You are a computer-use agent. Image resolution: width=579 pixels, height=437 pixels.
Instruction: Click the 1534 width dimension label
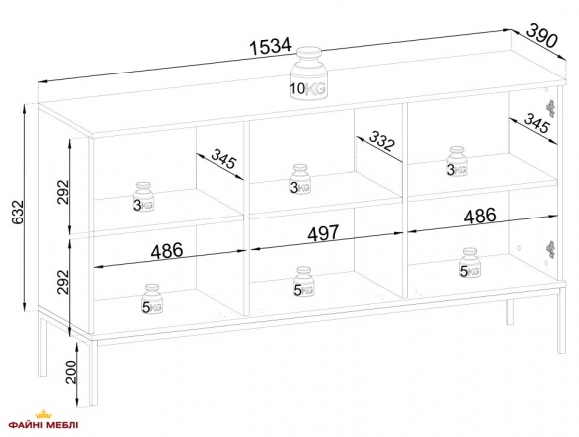point(271,46)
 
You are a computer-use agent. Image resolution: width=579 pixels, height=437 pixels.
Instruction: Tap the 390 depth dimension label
point(541,36)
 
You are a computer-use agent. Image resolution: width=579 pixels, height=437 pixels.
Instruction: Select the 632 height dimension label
point(17,213)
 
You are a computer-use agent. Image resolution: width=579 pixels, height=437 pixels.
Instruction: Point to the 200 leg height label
point(72,372)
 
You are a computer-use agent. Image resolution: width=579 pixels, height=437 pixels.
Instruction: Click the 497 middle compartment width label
point(323,233)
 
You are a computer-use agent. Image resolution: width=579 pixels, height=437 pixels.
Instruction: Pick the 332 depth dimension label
point(382,141)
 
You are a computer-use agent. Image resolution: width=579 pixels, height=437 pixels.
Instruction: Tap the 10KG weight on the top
point(308,73)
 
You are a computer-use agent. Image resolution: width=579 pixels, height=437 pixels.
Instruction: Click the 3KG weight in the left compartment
point(143,197)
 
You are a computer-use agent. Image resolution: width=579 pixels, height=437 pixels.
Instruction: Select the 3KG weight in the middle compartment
point(300,179)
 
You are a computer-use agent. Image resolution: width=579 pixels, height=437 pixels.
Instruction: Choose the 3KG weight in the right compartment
point(457,161)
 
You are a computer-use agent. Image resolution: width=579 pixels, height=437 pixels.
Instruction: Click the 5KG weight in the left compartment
point(152,299)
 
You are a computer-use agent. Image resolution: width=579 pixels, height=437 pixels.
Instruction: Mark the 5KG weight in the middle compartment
point(304,281)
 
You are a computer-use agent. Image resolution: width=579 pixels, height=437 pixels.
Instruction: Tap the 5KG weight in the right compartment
point(470,263)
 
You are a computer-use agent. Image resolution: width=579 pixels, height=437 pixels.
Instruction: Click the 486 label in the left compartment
point(167,251)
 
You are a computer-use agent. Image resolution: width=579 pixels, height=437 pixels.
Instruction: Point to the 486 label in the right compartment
point(480,216)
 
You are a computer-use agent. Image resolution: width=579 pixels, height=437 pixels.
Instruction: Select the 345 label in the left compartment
point(223,157)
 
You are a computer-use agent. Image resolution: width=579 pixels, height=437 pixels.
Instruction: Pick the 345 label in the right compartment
point(537,123)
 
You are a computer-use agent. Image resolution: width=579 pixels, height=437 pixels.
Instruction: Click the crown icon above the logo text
point(44,414)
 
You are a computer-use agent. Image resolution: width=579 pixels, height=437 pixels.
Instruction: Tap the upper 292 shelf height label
point(63,192)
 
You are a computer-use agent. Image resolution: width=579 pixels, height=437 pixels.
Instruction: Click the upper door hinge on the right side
point(550,108)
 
